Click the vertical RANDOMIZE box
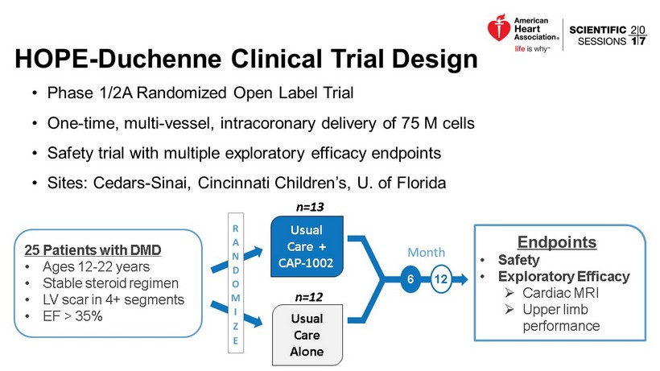tap(235, 285)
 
